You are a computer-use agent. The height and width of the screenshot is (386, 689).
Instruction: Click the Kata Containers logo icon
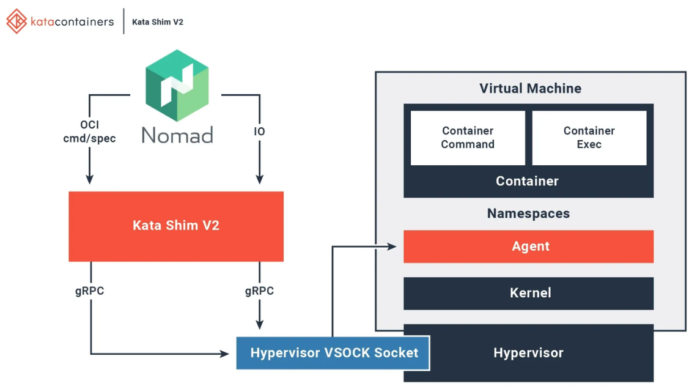tap(17, 21)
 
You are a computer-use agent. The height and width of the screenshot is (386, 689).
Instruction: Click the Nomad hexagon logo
tap(177, 86)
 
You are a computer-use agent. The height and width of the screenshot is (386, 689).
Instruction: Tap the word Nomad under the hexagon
tap(177, 135)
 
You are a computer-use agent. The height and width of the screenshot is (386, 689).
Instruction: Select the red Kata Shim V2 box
tap(176, 226)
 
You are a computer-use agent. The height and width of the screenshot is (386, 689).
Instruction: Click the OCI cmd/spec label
tap(89, 132)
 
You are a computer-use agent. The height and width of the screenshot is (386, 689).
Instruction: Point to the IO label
tap(259, 132)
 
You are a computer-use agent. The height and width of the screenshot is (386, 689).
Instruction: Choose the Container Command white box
tap(468, 138)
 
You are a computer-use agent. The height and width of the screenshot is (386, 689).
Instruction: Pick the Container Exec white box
tap(589, 138)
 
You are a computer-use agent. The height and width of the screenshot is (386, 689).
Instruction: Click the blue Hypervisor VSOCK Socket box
tap(333, 352)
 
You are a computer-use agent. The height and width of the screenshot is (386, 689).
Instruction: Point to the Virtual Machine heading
tap(530, 89)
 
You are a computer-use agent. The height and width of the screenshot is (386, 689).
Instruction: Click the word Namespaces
tap(528, 213)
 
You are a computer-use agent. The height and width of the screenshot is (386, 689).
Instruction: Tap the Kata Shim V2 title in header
tap(158, 22)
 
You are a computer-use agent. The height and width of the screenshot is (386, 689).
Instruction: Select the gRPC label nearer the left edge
tap(89, 291)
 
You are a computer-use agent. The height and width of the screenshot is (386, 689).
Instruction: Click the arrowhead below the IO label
tap(259, 179)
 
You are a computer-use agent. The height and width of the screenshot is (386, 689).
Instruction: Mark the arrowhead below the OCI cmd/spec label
tap(90, 179)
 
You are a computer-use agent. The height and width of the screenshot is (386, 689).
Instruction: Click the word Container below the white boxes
tap(527, 181)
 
